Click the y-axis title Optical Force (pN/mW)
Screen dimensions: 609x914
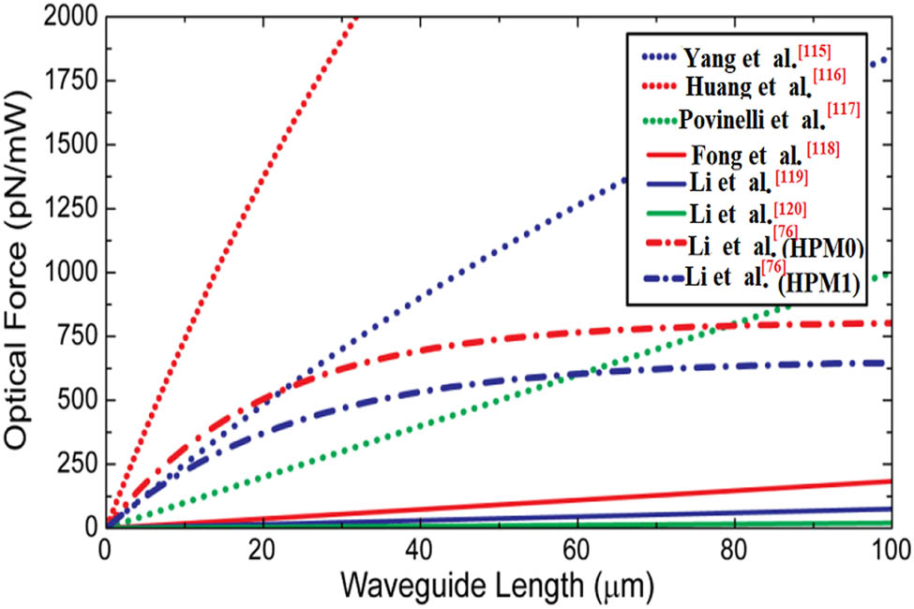point(21,272)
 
